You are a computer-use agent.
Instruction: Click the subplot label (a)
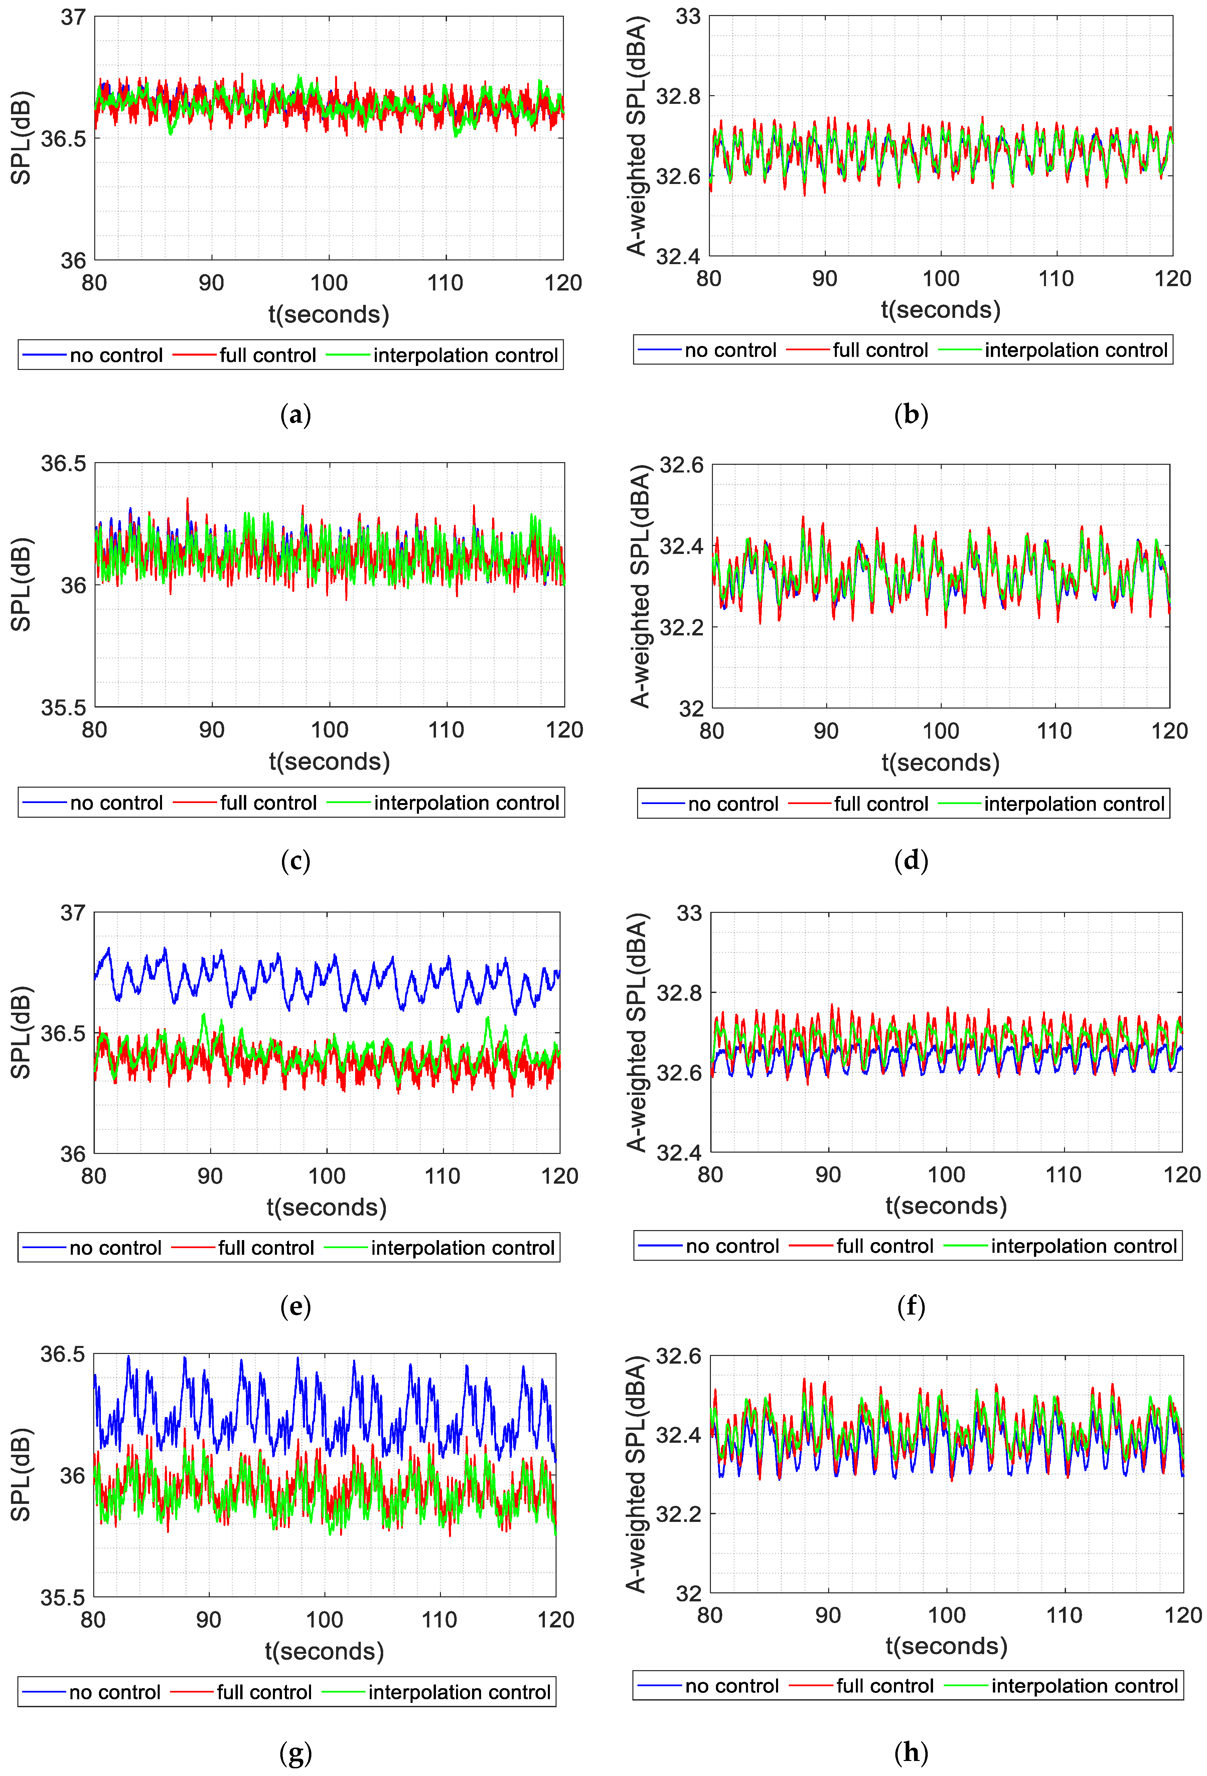pos(296,415)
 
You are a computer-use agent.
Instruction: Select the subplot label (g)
pos(296,1752)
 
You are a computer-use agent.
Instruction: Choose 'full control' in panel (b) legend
pos(880,350)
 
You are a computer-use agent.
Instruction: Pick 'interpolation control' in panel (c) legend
pos(466,803)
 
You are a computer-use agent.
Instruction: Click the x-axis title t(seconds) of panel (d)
pos(940,763)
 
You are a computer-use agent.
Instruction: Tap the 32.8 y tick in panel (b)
pos(678,96)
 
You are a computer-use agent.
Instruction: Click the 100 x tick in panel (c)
pos(329,730)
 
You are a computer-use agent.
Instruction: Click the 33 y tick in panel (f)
pos(689,913)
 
